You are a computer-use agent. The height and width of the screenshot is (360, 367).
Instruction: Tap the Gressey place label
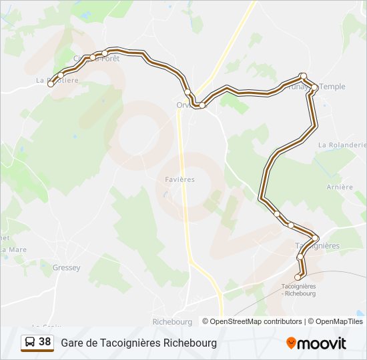[66, 268]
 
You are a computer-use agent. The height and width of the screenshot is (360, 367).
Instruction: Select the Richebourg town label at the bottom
[172, 321]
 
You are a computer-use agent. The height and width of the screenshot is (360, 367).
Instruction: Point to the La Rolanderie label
[342, 145]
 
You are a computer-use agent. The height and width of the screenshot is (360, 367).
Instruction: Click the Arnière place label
[340, 187]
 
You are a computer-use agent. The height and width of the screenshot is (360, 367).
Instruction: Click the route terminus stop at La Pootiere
[50, 83]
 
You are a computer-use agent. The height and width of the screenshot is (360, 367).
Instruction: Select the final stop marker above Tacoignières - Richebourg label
[298, 277]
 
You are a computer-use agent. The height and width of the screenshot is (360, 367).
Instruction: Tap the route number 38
[45, 342]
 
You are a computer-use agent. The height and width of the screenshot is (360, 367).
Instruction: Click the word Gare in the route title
[73, 343]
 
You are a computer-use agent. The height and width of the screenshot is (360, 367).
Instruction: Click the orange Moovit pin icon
[291, 343]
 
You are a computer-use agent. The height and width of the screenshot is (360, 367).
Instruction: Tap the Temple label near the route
[332, 87]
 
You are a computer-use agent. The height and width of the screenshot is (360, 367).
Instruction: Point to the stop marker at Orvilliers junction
[202, 105]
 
